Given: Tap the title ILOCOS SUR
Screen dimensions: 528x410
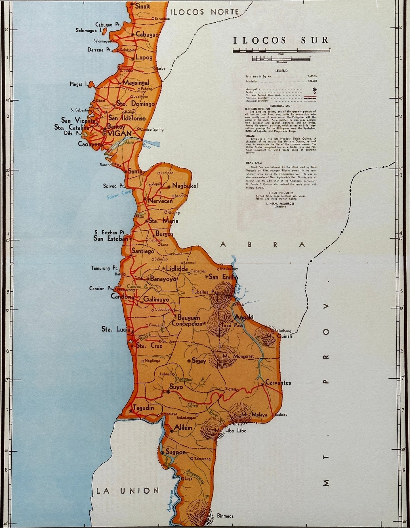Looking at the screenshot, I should [281, 40].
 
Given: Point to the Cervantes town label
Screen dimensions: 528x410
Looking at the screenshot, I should [278, 383].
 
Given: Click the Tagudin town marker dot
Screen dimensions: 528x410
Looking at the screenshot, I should [131, 411].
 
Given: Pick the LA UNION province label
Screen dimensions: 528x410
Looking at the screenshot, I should [128, 491].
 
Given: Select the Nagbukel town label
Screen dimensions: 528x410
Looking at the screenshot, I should [185, 186].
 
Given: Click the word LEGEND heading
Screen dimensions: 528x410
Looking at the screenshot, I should [281, 71].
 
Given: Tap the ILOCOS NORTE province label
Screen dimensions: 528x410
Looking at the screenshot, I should [204, 12].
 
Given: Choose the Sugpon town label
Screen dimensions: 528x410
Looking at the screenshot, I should [176, 452].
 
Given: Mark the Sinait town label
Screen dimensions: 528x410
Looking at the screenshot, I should [142, 6].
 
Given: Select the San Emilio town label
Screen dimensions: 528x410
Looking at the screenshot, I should [223, 277].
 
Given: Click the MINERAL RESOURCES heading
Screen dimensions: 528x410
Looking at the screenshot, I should [280, 204].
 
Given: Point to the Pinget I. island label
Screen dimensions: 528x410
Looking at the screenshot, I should [78, 84].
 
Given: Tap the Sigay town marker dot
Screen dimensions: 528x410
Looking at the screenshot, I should [189, 361].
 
